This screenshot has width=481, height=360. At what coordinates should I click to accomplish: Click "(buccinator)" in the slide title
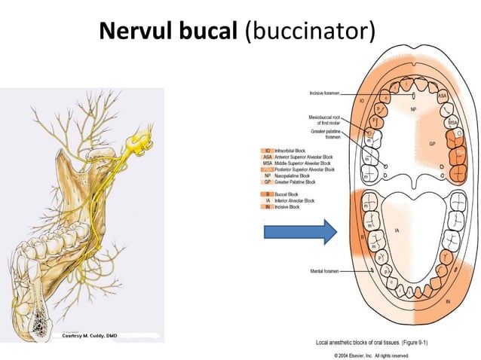310,32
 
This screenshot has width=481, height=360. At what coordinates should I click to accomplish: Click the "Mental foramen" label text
325,270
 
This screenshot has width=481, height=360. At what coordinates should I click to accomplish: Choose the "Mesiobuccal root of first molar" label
324,121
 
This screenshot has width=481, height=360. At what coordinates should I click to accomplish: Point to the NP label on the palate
412,108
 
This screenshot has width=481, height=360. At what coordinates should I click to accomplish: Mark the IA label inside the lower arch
397,231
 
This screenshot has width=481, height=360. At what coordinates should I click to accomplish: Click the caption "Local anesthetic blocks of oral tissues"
372,343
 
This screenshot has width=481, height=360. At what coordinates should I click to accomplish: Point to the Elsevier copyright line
372,353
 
